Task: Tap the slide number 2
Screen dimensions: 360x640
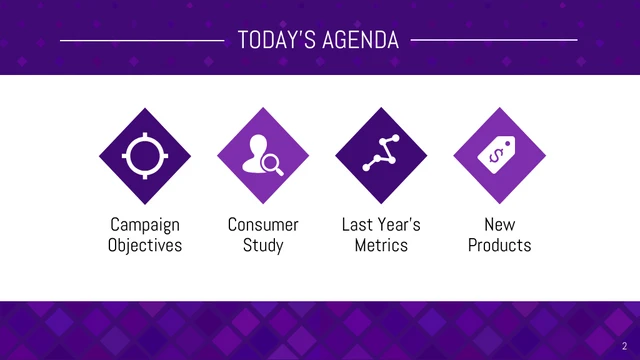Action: click(x=623, y=345)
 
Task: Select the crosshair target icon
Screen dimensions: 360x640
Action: click(x=145, y=154)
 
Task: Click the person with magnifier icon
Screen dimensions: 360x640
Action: click(x=263, y=154)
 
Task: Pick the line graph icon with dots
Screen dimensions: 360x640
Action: click(x=381, y=154)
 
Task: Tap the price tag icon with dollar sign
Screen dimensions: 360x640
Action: click(x=499, y=154)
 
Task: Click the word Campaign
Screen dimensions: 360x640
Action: click(x=145, y=225)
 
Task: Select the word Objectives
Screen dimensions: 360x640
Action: click(x=145, y=245)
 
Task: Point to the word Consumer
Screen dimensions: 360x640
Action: click(x=263, y=225)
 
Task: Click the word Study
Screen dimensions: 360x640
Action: click(x=263, y=245)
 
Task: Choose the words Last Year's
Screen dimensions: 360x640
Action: click(x=381, y=225)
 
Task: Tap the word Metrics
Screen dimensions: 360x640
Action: click(x=381, y=245)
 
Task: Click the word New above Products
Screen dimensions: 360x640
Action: click(x=499, y=225)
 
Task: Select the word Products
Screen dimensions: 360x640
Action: click(x=499, y=245)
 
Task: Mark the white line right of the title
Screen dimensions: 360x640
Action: click(x=494, y=41)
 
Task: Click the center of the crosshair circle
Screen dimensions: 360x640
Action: click(x=145, y=154)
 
